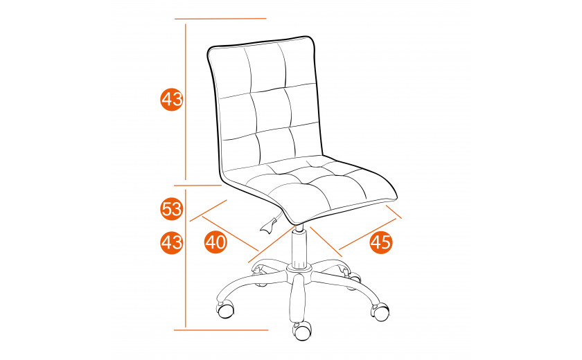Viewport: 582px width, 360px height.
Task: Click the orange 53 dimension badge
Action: (172, 209)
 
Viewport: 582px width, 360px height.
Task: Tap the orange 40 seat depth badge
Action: (215, 242)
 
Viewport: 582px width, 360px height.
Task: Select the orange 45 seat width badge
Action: (381, 242)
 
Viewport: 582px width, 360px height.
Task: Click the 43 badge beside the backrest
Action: (172, 99)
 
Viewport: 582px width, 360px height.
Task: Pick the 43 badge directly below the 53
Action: (172, 242)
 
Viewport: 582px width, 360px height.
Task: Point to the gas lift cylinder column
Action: (299, 246)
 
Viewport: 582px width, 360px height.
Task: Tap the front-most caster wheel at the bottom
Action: (303, 330)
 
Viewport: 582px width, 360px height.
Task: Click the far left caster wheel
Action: (225, 309)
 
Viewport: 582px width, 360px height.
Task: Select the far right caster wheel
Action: (380, 312)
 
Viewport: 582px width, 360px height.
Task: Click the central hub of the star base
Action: (299, 273)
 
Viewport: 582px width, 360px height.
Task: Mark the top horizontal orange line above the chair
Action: (220, 19)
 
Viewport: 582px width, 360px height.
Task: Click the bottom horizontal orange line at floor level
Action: (221, 330)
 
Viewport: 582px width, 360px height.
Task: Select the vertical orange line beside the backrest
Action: (186, 102)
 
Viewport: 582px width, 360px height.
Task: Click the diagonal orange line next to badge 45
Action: (368, 233)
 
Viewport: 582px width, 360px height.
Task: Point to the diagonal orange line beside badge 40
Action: (230, 233)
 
